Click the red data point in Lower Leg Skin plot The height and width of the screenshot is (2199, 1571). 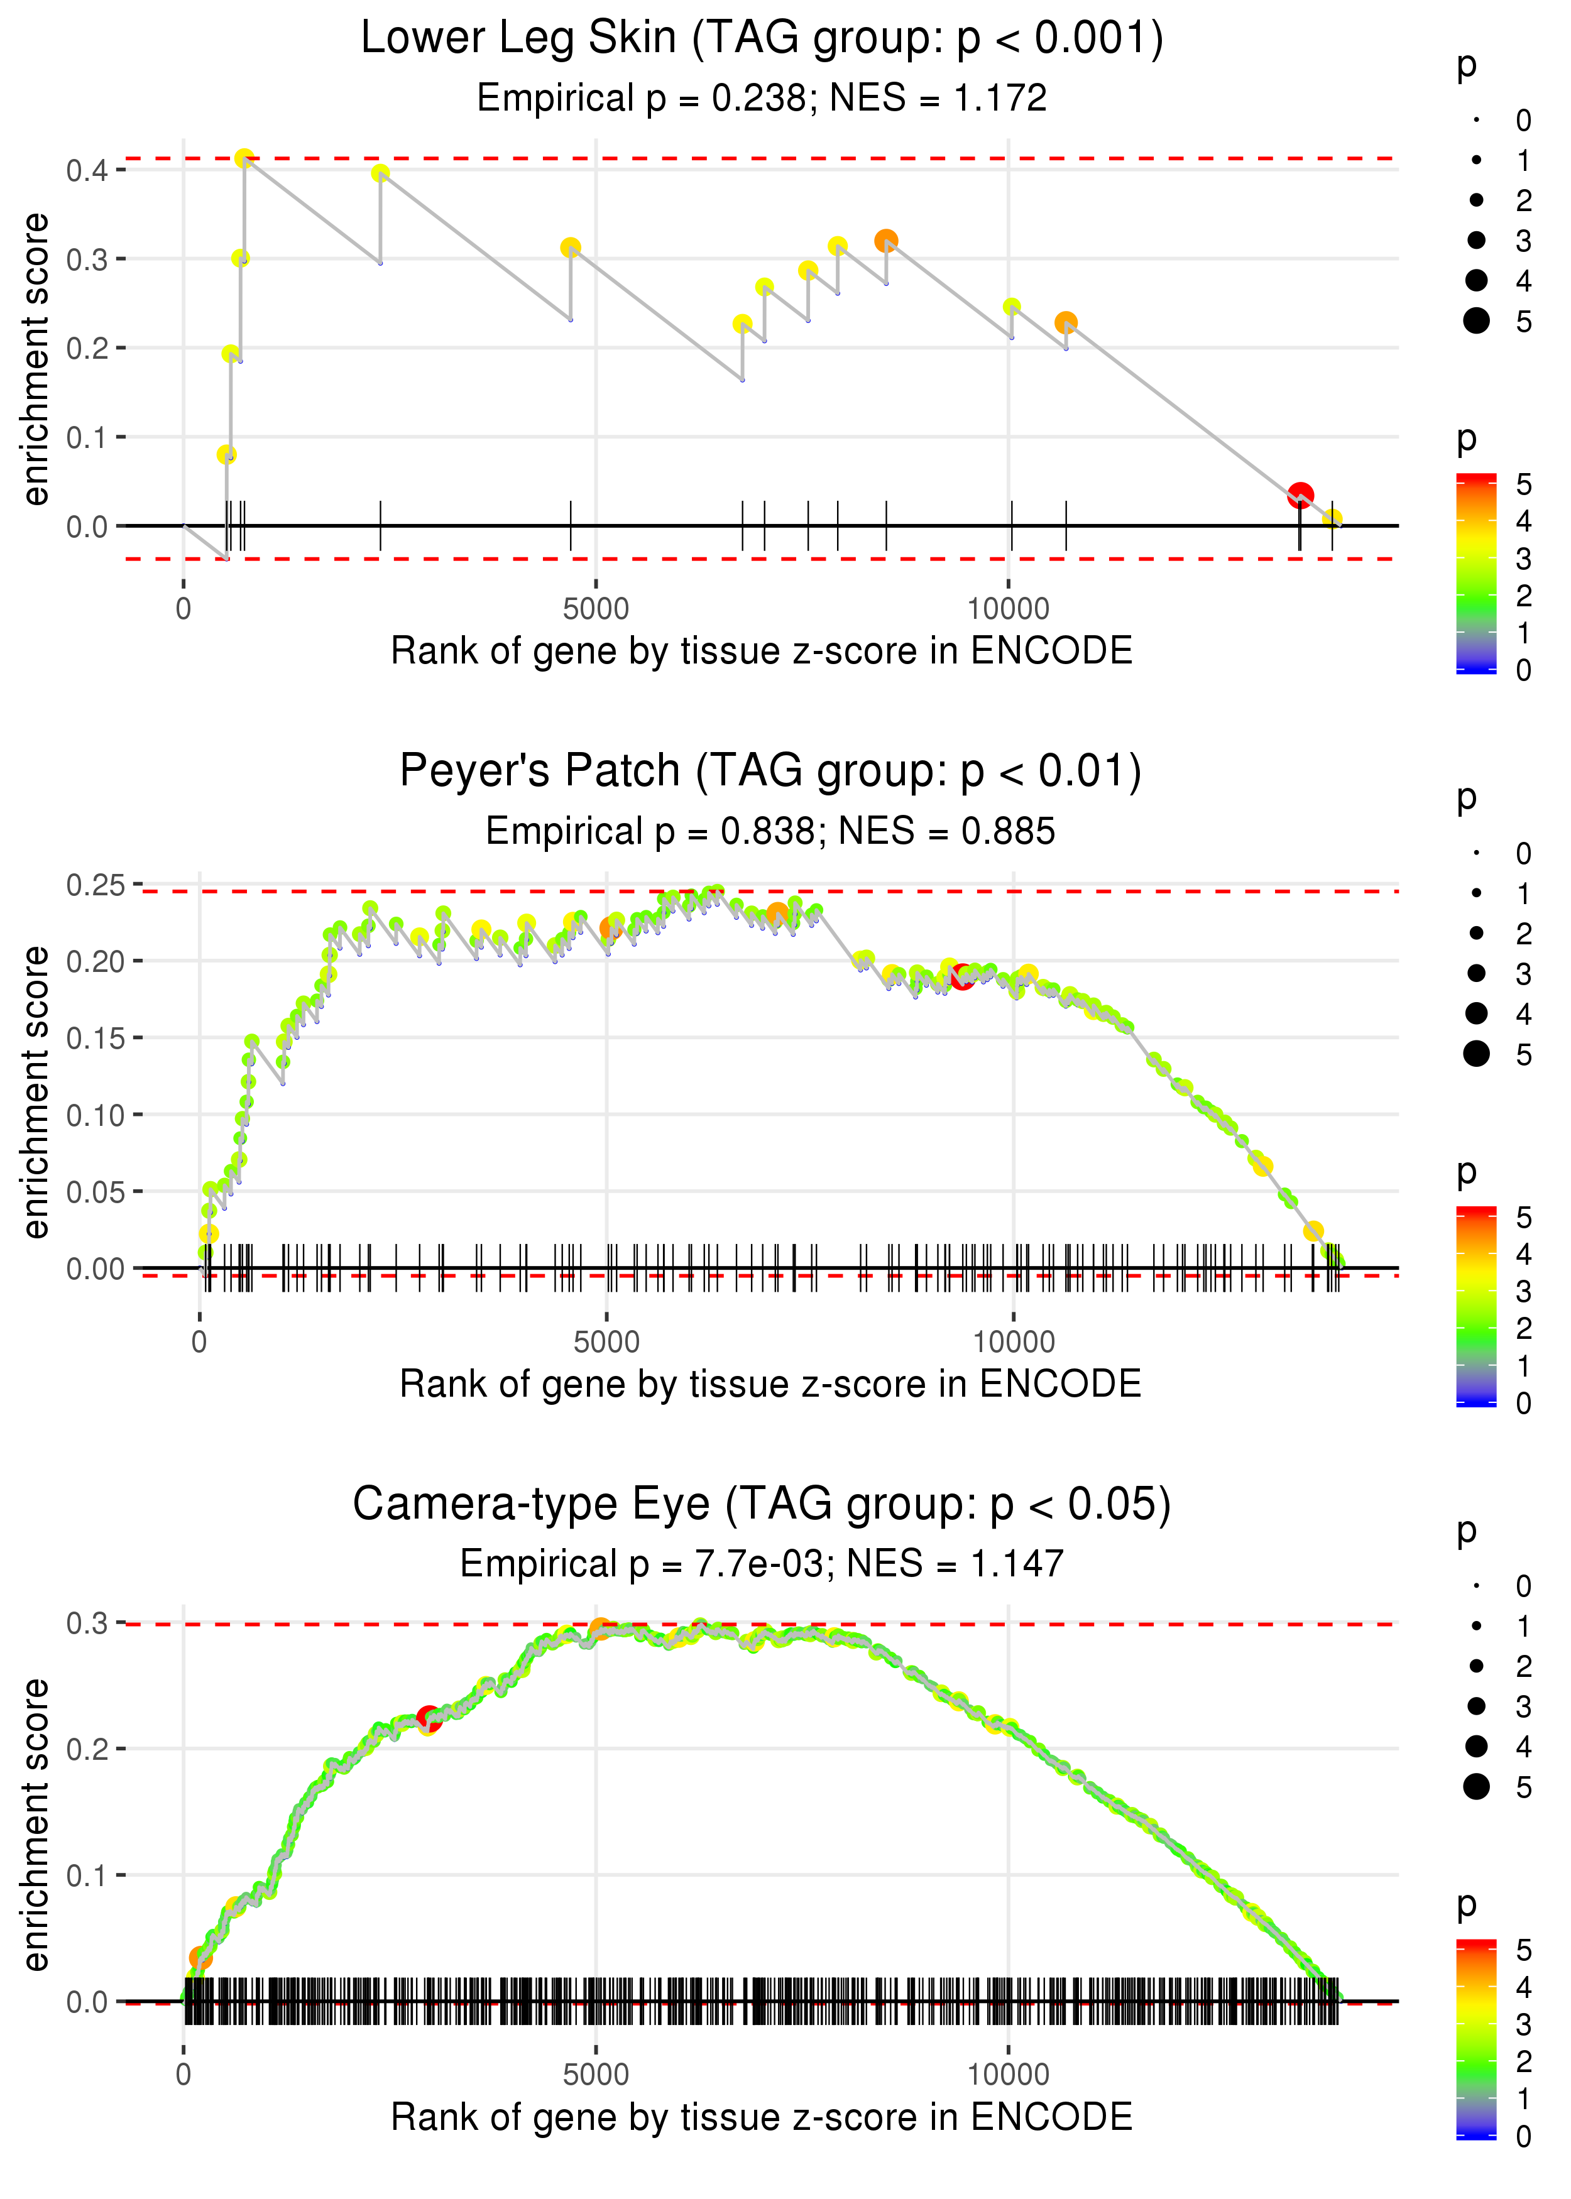click(x=1300, y=495)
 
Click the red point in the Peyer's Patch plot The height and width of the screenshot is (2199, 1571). click(x=961, y=977)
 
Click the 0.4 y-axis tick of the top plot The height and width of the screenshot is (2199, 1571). click(x=87, y=171)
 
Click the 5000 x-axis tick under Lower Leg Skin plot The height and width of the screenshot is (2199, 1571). click(x=596, y=609)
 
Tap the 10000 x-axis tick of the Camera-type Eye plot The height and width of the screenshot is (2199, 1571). click(x=1008, y=2073)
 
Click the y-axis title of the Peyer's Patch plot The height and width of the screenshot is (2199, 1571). click(x=36, y=1092)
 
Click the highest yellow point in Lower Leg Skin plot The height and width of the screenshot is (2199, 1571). click(x=244, y=158)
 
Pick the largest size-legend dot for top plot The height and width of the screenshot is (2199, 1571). click(x=1476, y=321)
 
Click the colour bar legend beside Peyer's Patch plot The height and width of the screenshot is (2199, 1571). click(x=1476, y=1306)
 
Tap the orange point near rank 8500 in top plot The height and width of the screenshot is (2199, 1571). click(x=886, y=241)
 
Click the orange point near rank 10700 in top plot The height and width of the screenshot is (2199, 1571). click(x=1066, y=322)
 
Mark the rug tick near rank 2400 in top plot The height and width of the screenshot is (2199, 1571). click(x=380, y=526)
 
